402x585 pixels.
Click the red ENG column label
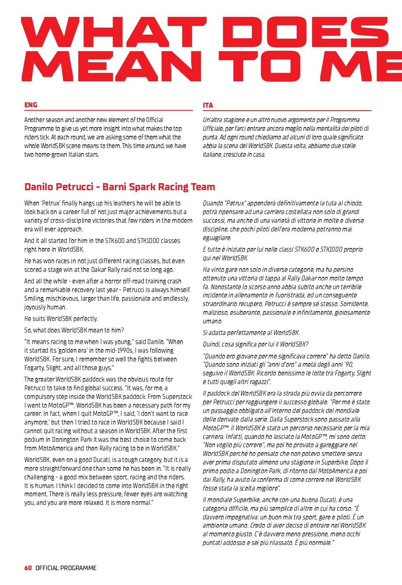click(x=31, y=105)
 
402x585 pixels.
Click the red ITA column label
click(x=208, y=105)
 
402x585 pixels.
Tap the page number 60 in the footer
click(x=28, y=568)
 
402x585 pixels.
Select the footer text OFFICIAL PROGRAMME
click(x=66, y=568)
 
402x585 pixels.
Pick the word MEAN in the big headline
click(x=111, y=66)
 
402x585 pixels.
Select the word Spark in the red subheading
click(x=142, y=187)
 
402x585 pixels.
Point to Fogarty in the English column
click(x=35, y=368)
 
